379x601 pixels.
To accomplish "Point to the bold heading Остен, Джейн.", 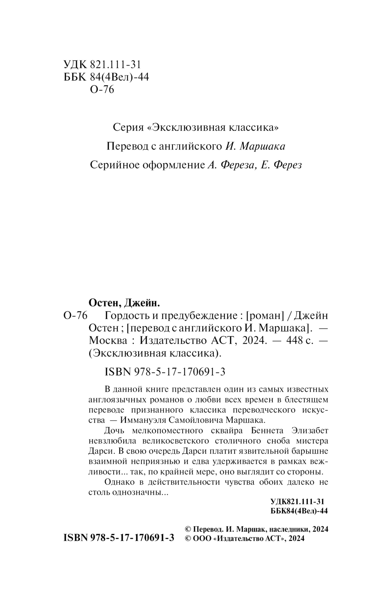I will pyautogui.click(x=124, y=303).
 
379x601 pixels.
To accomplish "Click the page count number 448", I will pyautogui.click(x=296, y=341).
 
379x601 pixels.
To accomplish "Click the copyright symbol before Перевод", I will pyautogui.click(x=187, y=529).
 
